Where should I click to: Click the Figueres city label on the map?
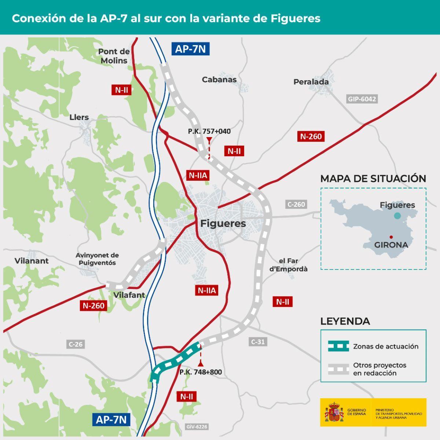coord(223,223)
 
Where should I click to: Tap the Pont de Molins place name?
coord(114,56)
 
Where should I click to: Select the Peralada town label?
coord(311,82)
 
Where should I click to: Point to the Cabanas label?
coord(219,79)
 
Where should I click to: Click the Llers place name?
coord(79,117)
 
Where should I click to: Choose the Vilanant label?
coord(32,261)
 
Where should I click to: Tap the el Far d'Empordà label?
coord(288,265)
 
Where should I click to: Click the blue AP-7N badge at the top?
coord(190,49)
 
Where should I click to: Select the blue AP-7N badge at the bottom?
coord(111,419)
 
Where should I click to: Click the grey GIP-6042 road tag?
coord(362,99)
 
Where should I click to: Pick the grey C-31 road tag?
coord(258,342)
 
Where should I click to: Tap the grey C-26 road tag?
coord(76,344)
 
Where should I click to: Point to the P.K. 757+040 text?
coord(209,131)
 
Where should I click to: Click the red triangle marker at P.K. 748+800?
coord(201,363)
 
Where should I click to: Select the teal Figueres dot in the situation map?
coord(397,216)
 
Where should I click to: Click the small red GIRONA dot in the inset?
coord(391,237)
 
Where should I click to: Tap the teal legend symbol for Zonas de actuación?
coord(338,346)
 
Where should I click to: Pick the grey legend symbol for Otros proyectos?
coord(338,369)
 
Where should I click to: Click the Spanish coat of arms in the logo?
coord(334,412)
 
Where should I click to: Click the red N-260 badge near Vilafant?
coord(93,305)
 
